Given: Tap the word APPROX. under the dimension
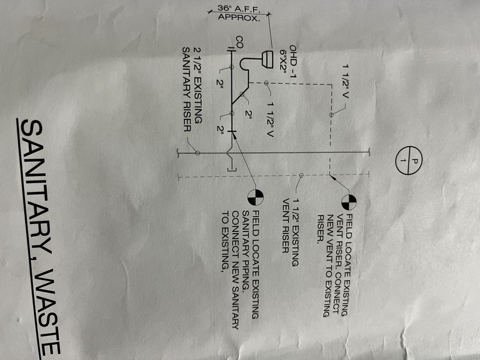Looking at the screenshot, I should coord(239,19).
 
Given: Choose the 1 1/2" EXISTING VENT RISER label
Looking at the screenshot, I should coord(290,226).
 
